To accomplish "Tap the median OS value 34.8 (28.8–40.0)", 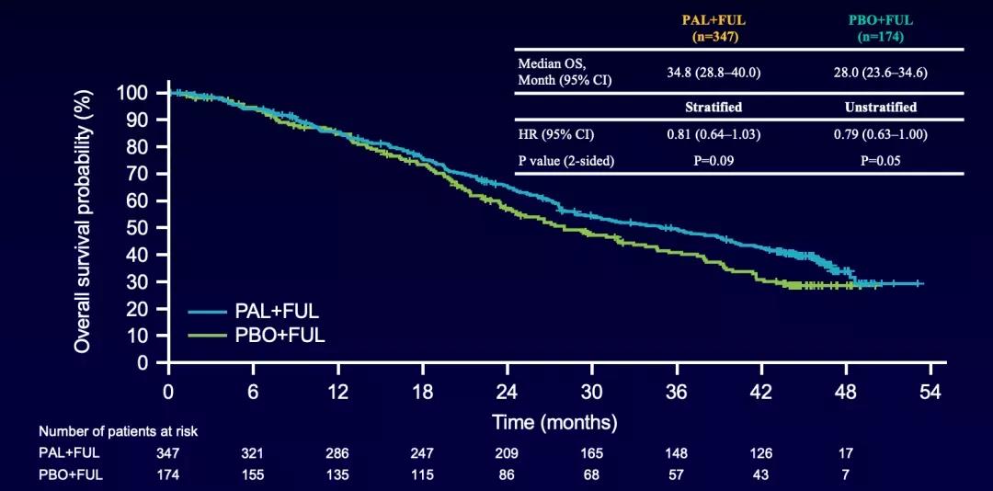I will pos(713,72).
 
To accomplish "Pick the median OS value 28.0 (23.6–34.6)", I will pos(880,72).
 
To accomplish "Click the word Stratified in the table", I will pos(713,107).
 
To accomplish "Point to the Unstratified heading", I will pos(880,107).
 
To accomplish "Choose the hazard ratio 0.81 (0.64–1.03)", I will pos(713,135).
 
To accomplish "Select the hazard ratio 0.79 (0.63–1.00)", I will pos(880,135).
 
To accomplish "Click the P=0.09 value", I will pos(713,161).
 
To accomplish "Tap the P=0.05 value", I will pos(880,161).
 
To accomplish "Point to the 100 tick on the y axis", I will pos(132,93).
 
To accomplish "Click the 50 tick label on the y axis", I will pos(137,228).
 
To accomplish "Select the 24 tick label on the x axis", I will pos(508,393).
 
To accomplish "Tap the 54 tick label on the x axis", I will pos(931,393).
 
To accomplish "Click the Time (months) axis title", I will pos(554,423).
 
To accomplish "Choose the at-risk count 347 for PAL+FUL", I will pos(168,453).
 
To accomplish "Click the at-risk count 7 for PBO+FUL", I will pos(846,474).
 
